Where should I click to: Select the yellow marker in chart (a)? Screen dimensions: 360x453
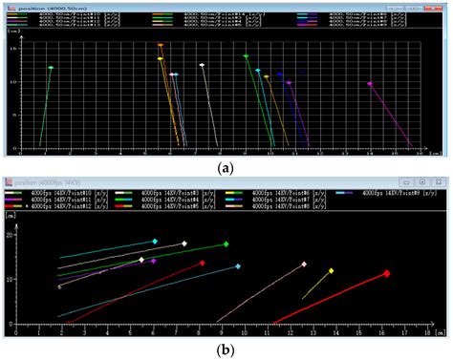point(161,59)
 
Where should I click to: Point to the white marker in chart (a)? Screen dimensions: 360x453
point(203,65)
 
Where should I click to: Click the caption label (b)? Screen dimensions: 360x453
point(226,349)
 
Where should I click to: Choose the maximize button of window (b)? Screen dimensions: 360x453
point(421,181)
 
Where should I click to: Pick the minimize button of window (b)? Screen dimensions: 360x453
point(405,181)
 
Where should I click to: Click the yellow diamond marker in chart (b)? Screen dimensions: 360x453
point(332,271)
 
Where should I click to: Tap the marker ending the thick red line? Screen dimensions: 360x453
point(387,273)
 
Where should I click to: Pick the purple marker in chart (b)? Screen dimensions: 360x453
point(153,261)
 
